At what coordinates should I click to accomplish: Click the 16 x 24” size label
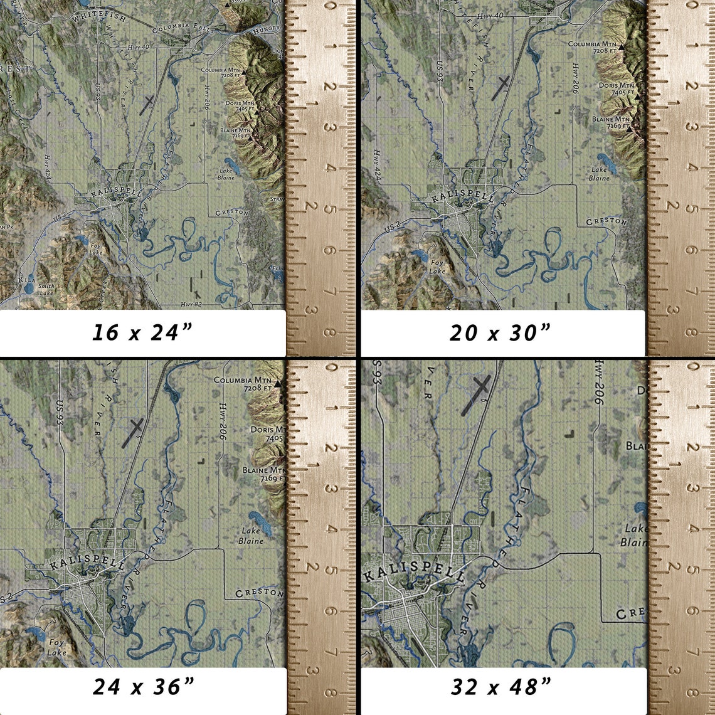click(x=142, y=332)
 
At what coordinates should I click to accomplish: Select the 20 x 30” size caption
click(x=500, y=332)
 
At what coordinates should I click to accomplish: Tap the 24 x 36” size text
click(x=142, y=687)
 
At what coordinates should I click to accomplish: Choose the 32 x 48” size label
click(x=501, y=687)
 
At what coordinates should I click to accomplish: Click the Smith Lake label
click(x=46, y=289)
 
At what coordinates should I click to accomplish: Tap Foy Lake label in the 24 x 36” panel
click(x=56, y=648)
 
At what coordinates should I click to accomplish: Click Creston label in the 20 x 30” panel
click(x=606, y=221)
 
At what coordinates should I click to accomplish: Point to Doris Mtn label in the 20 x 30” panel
click(x=616, y=88)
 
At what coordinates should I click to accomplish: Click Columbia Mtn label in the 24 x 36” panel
click(x=243, y=384)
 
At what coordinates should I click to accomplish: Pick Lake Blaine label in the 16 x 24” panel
click(x=226, y=174)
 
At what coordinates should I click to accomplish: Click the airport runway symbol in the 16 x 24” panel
click(x=147, y=104)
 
